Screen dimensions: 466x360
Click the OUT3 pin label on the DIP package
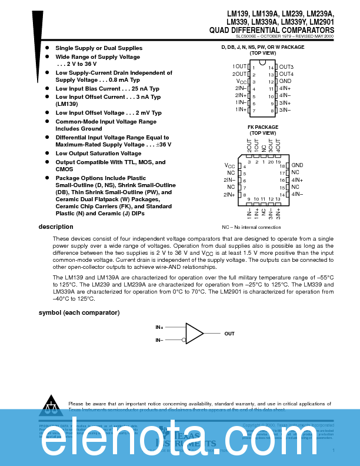click(286, 67)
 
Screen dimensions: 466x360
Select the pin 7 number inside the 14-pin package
click(254, 110)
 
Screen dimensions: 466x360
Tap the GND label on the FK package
click(297, 166)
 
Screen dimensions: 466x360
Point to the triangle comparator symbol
click(194, 333)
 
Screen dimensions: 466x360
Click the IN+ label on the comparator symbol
click(159, 327)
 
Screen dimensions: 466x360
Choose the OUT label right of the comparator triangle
click(229, 334)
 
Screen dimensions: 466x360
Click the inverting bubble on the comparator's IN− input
click(184, 340)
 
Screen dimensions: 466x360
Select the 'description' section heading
click(56, 227)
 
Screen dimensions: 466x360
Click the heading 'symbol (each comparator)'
click(79, 312)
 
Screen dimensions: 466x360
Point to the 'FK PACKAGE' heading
click(262, 127)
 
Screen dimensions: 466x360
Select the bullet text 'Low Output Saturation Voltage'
click(98, 154)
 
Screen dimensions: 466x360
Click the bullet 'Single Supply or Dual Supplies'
click(99, 48)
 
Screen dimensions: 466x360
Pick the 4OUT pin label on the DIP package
click(286, 74)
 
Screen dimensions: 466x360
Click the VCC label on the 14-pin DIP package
click(242, 82)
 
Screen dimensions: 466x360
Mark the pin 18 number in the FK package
click(282, 167)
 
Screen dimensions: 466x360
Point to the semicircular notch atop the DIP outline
click(262, 61)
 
